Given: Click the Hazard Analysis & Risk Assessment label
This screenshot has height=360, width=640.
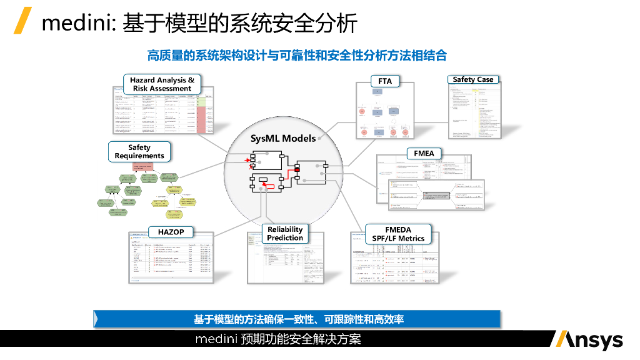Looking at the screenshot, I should tap(162, 84).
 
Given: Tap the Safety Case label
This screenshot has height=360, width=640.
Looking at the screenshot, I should tap(472, 79).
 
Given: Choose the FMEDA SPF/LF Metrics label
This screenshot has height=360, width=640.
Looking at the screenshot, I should tap(398, 234).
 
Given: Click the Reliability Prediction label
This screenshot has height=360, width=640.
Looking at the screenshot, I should tap(284, 234).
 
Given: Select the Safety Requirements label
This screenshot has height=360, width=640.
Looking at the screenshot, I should tap(139, 152).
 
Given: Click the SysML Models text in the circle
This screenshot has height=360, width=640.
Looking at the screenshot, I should tap(282, 138).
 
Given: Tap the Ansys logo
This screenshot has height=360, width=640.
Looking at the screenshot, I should tap(587, 340).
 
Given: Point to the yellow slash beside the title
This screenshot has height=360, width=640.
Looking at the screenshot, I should tap(23, 21).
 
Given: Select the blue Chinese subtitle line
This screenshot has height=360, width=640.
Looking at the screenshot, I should tap(297, 56).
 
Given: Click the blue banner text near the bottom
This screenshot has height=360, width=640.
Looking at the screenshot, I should tap(298, 319).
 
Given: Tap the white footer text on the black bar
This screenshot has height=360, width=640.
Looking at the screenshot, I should tap(278, 340).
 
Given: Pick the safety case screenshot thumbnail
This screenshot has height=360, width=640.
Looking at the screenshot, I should tap(474, 111).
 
